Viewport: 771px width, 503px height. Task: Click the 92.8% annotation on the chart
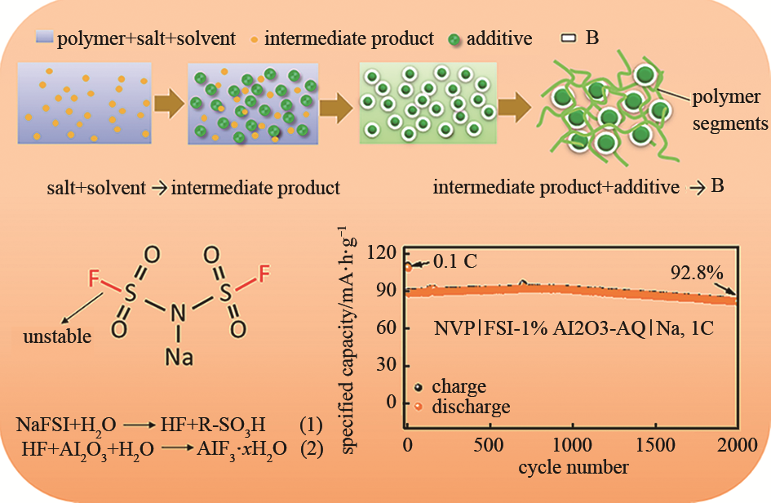click(697, 272)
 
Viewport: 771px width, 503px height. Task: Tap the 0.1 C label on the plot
click(454, 261)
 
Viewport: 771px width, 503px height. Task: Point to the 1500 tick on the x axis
click(655, 445)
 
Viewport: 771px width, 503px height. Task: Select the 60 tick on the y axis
click(386, 327)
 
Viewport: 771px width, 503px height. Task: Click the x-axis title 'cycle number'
click(574, 467)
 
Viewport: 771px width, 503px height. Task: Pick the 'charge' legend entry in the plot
click(459, 386)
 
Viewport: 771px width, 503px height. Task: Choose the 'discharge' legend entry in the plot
click(471, 407)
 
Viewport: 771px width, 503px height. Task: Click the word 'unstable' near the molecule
click(57, 336)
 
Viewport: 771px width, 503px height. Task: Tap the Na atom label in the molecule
click(179, 357)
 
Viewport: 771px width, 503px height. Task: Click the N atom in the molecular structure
click(178, 313)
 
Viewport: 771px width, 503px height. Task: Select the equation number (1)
click(311, 425)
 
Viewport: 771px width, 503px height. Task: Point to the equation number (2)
click(312, 448)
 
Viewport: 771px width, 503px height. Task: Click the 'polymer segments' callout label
click(729, 109)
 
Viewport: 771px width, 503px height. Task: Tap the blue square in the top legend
click(44, 38)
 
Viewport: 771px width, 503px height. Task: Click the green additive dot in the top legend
click(454, 40)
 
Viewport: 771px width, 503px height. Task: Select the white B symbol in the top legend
click(569, 38)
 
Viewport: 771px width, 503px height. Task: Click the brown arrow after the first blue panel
click(169, 104)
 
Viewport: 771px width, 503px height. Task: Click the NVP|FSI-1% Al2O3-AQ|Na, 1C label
click(574, 327)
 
